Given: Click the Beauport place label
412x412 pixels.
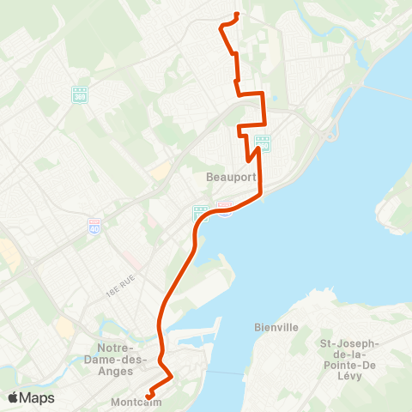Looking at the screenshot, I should tap(226, 178).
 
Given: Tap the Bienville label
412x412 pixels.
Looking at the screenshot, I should tap(276, 327).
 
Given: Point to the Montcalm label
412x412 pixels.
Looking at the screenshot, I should tap(130, 401).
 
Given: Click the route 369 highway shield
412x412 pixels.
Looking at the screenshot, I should tap(80, 95).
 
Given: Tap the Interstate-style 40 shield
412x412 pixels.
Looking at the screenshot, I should tap(94, 226).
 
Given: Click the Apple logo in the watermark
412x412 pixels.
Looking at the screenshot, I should tap(14, 397).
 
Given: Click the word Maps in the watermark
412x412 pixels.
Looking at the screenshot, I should tap(38, 397).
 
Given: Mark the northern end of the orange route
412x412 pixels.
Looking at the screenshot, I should tap(236, 15).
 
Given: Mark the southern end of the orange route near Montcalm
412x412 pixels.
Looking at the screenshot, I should tap(148, 396).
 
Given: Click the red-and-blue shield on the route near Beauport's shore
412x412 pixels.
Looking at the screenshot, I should tap(225, 209).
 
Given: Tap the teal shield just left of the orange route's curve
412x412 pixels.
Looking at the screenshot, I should tap(200, 212).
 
